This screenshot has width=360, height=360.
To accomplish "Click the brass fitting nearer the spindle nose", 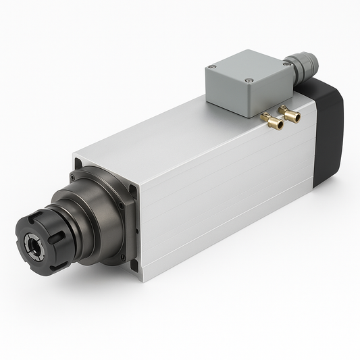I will coord(272,122).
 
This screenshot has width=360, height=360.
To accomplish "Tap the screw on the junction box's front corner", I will coord(249,81).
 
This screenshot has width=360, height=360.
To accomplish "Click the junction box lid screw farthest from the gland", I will coord(213,67).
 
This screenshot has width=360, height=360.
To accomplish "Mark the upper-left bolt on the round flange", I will coord(84,178).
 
